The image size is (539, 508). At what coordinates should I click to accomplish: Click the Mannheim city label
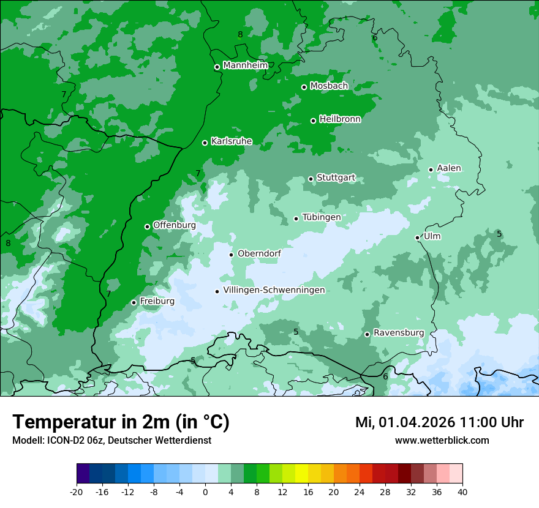[x=245, y=65]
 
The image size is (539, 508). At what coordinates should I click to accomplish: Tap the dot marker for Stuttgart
[x=311, y=179]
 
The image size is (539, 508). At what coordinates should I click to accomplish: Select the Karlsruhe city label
[x=232, y=141]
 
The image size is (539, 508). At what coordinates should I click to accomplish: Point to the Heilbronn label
[x=340, y=119]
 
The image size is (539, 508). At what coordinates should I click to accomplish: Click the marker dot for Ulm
[x=418, y=237]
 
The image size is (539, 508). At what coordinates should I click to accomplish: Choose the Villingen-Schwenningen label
[x=274, y=290]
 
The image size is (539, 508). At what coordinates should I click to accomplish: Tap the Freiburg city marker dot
[x=134, y=302]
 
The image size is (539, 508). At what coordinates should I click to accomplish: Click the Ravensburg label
[x=399, y=333]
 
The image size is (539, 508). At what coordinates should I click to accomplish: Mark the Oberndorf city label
[x=259, y=253]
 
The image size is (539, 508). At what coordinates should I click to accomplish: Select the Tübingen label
[x=322, y=217]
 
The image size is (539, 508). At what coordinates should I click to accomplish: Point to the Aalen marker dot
[x=431, y=170]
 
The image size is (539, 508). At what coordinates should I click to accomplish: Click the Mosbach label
[x=329, y=86]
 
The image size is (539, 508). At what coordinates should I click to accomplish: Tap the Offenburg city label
[x=175, y=225]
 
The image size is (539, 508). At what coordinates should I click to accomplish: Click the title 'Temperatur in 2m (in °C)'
[x=121, y=422]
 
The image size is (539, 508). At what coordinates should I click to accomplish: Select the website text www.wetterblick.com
[x=442, y=440]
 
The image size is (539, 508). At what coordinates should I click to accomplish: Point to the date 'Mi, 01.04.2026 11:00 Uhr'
[x=439, y=422]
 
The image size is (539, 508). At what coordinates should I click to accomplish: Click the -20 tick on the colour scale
[x=77, y=491]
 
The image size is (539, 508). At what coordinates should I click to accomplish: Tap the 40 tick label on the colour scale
[x=462, y=491]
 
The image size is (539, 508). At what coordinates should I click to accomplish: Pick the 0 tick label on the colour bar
[x=205, y=491]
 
